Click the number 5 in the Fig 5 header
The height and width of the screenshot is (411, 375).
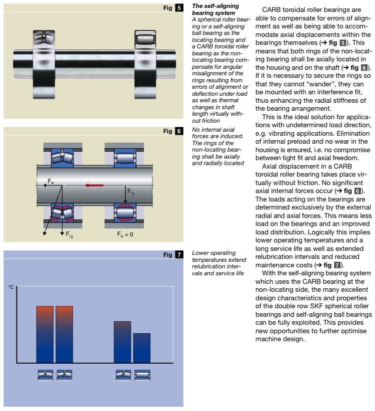point(179,8)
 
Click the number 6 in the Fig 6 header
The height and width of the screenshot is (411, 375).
point(179,131)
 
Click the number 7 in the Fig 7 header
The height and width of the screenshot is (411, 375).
point(179,255)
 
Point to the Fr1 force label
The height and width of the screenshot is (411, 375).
point(131,192)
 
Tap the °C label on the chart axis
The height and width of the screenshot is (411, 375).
point(11,288)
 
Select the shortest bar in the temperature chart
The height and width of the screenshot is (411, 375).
point(141,348)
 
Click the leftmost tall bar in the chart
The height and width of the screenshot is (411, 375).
point(45,334)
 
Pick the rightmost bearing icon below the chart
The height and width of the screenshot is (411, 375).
point(142,375)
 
